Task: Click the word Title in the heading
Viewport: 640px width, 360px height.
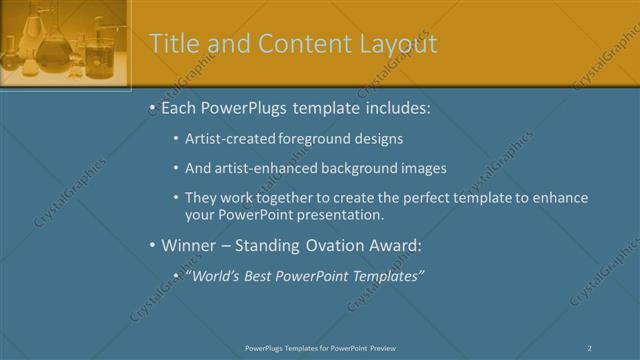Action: [x=172, y=44]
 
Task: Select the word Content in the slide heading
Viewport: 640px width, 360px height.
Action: [x=298, y=44]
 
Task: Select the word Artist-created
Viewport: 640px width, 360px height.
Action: [x=228, y=140]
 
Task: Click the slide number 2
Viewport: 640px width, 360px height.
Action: [x=590, y=347]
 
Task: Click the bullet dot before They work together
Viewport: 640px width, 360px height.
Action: [x=176, y=198]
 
